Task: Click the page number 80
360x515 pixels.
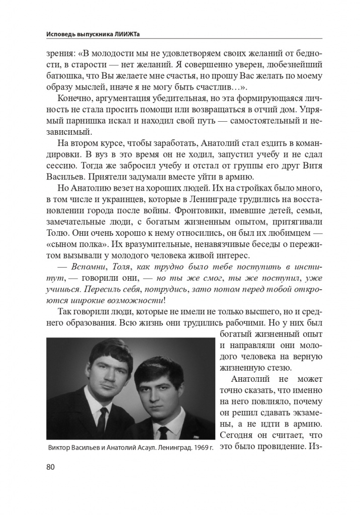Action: pos(50,466)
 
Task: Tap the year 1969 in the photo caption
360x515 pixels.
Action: pos(194,448)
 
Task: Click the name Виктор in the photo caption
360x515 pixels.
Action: pos(59,448)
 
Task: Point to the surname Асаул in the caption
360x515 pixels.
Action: pos(129,448)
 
